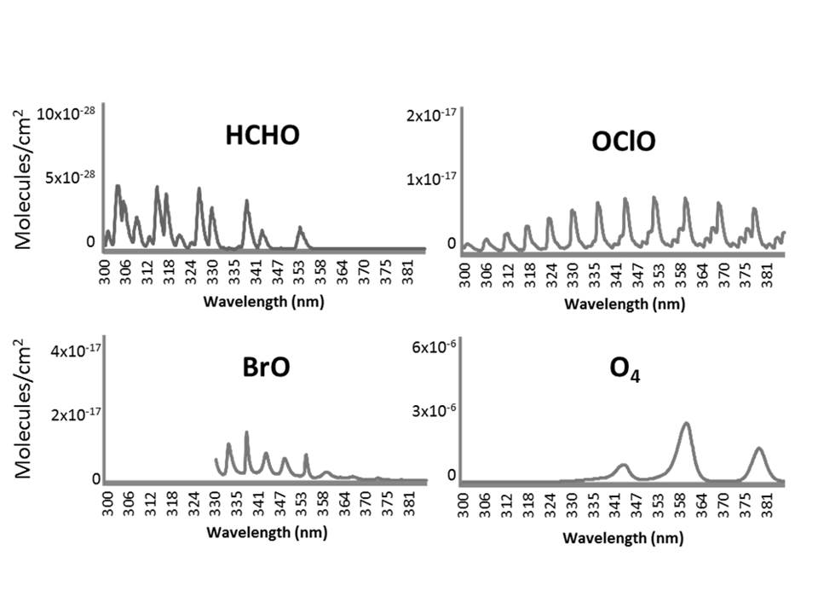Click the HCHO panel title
[x=262, y=135]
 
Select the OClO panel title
[x=624, y=142]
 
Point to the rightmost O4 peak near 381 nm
[x=758, y=449]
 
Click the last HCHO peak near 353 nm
[x=300, y=228]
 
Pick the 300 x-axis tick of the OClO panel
[x=465, y=275]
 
